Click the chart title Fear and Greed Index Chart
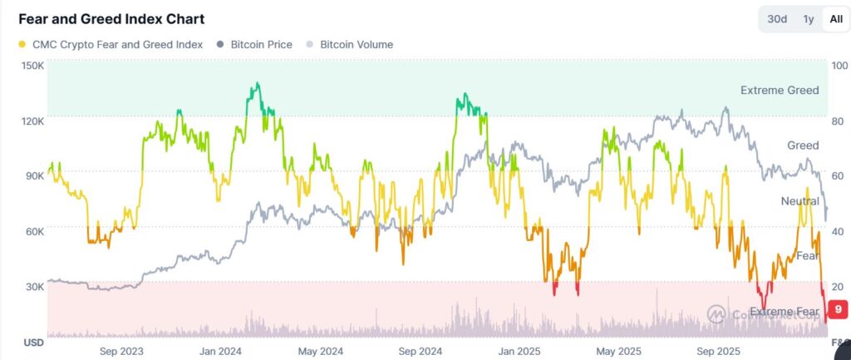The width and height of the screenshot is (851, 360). point(111,19)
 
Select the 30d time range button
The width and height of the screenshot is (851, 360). point(777,19)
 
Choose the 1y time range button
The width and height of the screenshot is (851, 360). point(808,19)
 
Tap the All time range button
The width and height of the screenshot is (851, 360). point(834,19)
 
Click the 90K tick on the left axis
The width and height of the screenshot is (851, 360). point(33,176)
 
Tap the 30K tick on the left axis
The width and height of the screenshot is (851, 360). point(33,287)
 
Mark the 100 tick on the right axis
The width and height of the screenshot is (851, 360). point(839,66)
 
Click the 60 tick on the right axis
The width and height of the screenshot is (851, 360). point(838,176)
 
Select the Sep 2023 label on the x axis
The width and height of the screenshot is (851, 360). point(121,351)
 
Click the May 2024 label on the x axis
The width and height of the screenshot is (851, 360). point(321,351)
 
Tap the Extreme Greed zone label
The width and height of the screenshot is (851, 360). point(780,90)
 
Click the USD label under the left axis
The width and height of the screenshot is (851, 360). point(33,343)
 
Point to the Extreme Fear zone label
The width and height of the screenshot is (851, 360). point(785,311)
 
